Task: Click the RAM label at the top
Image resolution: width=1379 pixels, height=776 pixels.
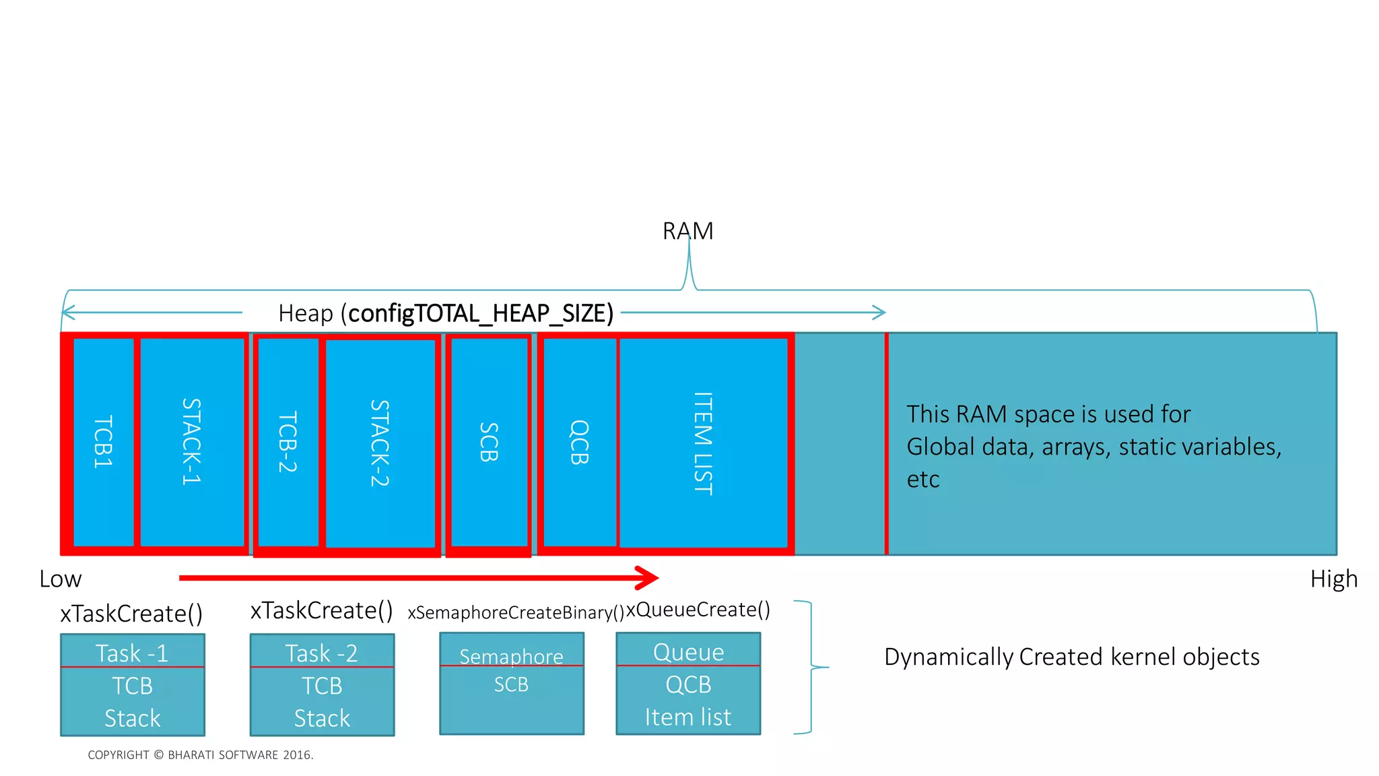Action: (687, 231)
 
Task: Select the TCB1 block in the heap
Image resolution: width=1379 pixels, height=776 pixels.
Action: (103, 442)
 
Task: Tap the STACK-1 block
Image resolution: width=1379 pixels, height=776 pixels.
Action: (192, 442)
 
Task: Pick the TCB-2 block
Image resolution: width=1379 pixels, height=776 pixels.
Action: (288, 442)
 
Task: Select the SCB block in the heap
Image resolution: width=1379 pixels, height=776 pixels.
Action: (490, 442)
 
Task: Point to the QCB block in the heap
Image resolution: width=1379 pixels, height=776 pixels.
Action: (580, 442)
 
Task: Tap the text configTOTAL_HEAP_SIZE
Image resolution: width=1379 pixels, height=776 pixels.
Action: (480, 313)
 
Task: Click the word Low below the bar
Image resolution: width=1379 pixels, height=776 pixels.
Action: (61, 579)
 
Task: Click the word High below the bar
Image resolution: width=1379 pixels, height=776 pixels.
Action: (1333, 579)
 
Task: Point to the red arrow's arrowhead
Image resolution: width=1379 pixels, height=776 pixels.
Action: (648, 577)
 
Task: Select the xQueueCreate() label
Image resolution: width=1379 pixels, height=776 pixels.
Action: (698, 610)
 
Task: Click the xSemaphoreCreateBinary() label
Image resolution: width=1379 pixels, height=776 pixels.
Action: (516, 612)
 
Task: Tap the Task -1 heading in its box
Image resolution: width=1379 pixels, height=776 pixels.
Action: (132, 653)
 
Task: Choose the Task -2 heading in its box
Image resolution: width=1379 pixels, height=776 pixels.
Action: (322, 653)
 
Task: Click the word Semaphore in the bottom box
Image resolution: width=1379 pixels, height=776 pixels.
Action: (511, 656)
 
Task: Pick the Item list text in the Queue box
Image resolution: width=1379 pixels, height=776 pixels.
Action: (687, 717)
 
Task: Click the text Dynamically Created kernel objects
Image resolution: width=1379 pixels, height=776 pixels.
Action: (1071, 657)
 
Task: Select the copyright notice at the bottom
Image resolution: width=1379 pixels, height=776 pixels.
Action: (201, 755)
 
